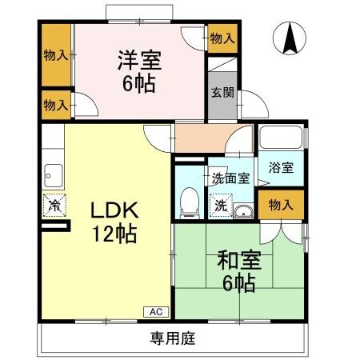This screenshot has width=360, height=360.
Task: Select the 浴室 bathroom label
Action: pyautogui.click(x=281, y=168)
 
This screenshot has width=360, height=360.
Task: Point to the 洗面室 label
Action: pyautogui.click(x=230, y=178)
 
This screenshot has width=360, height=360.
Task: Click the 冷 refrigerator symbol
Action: pyautogui.click(x=54, y=205)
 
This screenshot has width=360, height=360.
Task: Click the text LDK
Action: pyautogui.click(x=114, y=211)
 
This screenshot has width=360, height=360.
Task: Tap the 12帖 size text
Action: pyautogui.click(x=114, y=235)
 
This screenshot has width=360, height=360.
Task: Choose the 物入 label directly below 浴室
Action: pyautogui.click(x=280, y=205)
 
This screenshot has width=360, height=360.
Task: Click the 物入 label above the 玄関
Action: pyautogui.click(x=222, y=37)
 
